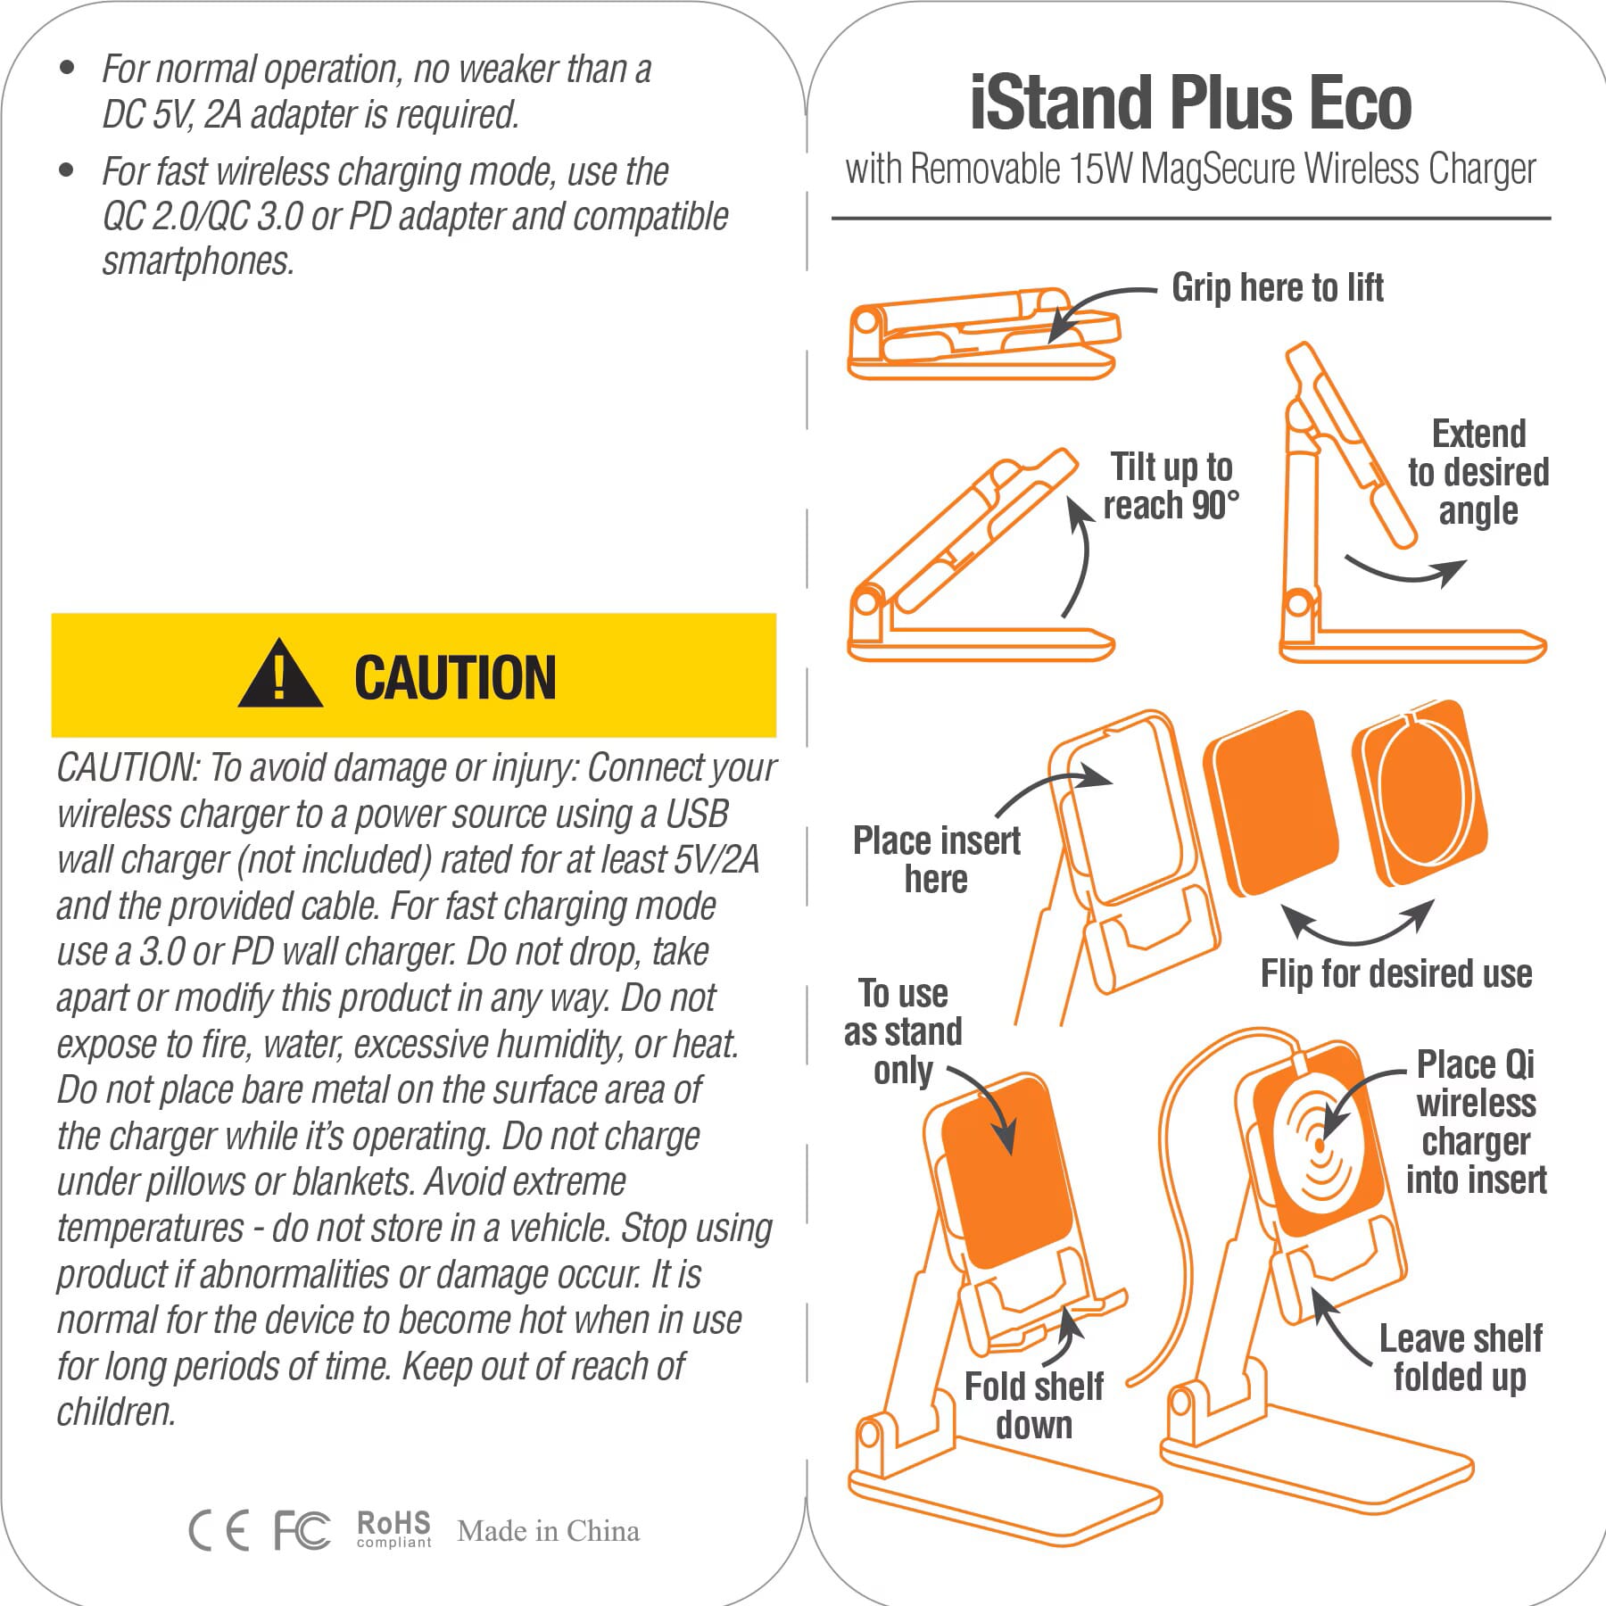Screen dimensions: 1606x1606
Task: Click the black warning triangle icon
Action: coord(280,675)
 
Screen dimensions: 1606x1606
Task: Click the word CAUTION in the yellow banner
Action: coord(455,678)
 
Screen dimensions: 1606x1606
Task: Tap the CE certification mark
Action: coord(219,1531)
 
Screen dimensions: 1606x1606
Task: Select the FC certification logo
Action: coord(302,1530)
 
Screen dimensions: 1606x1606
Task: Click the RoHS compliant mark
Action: coord(393,1528)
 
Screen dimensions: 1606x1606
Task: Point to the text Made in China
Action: coord(548,1531)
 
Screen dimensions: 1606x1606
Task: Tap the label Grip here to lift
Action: coord(1277,287)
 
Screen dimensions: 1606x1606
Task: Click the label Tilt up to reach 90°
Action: coord(1171,486)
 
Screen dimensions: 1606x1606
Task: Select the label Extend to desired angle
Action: coord(1478,472)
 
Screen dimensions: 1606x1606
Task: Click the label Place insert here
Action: coord(936,859)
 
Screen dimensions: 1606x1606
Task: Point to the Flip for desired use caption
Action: coord(1395,973)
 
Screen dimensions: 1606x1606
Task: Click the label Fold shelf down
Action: coord(1034,1405)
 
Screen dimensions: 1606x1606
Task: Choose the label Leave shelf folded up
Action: coord(1461,1357)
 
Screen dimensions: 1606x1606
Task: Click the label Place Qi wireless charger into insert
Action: coord(1476,1122)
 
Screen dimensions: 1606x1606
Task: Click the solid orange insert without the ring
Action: coord(1271,802)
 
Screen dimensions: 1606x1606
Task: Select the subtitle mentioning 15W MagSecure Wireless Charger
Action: coord(1190,170)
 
